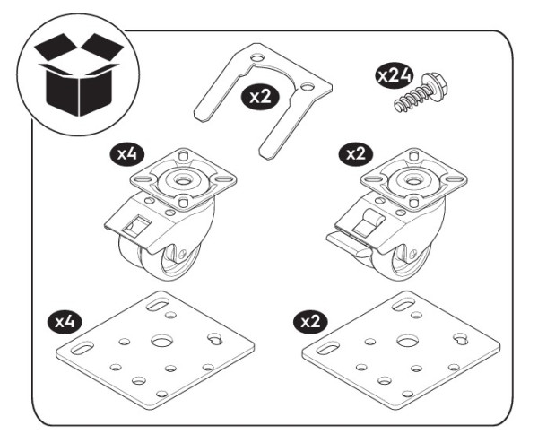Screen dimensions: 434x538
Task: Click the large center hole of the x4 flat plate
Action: [163, 342]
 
